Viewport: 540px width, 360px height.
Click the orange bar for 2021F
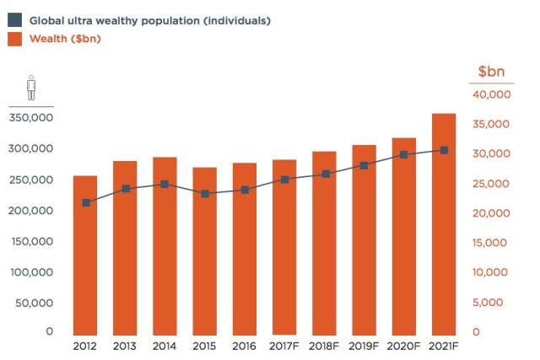tap(444, 223)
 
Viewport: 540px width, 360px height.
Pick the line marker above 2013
tap(126, 189)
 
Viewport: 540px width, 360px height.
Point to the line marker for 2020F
tap(404, 154)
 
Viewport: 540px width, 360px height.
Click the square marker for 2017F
tap(285, 180)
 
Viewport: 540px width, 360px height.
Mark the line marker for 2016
tap(245, 190)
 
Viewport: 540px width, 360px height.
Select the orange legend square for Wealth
tap(15, 39)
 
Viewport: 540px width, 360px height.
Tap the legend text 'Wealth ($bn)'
tap(65, 39)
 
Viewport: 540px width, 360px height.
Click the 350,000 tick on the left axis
tap(31, 117)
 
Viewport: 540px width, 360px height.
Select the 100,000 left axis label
tap(31, 271)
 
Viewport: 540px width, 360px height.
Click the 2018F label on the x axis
tap(325, 346)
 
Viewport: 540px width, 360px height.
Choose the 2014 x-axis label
tap(165, 346)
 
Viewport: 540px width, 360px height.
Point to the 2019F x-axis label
tap(364, 346)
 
